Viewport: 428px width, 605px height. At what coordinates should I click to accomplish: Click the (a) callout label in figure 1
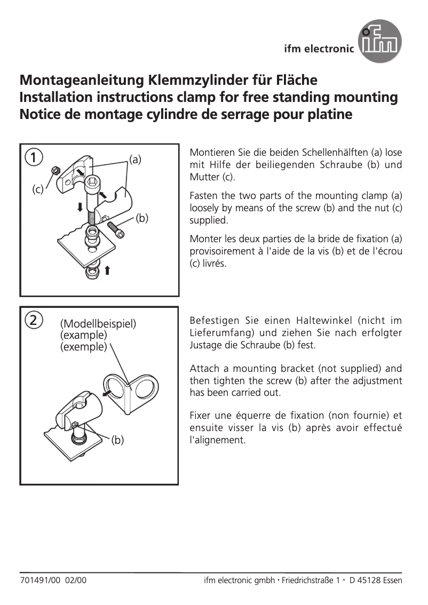click(x=135, y=159)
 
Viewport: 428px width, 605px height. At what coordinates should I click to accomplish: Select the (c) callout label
click(x=37, y=189)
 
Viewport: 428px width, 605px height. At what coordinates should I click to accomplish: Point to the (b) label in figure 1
click(x=141, y=218)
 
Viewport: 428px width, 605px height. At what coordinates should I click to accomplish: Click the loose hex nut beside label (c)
click(x=54, y=171)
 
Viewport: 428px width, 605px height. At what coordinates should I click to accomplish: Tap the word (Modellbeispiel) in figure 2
click(x=98, y=324)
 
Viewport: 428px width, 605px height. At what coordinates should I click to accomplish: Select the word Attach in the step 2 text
click(x=203, y=369)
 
